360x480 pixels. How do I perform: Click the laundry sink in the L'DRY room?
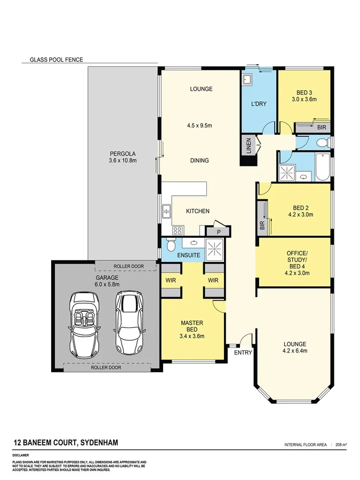click(x=247, y=80)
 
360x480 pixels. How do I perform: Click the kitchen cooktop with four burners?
click(x=178, y=230)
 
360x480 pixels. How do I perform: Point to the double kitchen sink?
click(x=167, y=212)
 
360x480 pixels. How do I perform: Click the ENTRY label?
click(x=243, y=353)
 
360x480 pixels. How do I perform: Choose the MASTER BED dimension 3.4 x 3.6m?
click(x=193, y=335)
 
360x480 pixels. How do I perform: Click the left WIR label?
click(x=171, y=280)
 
